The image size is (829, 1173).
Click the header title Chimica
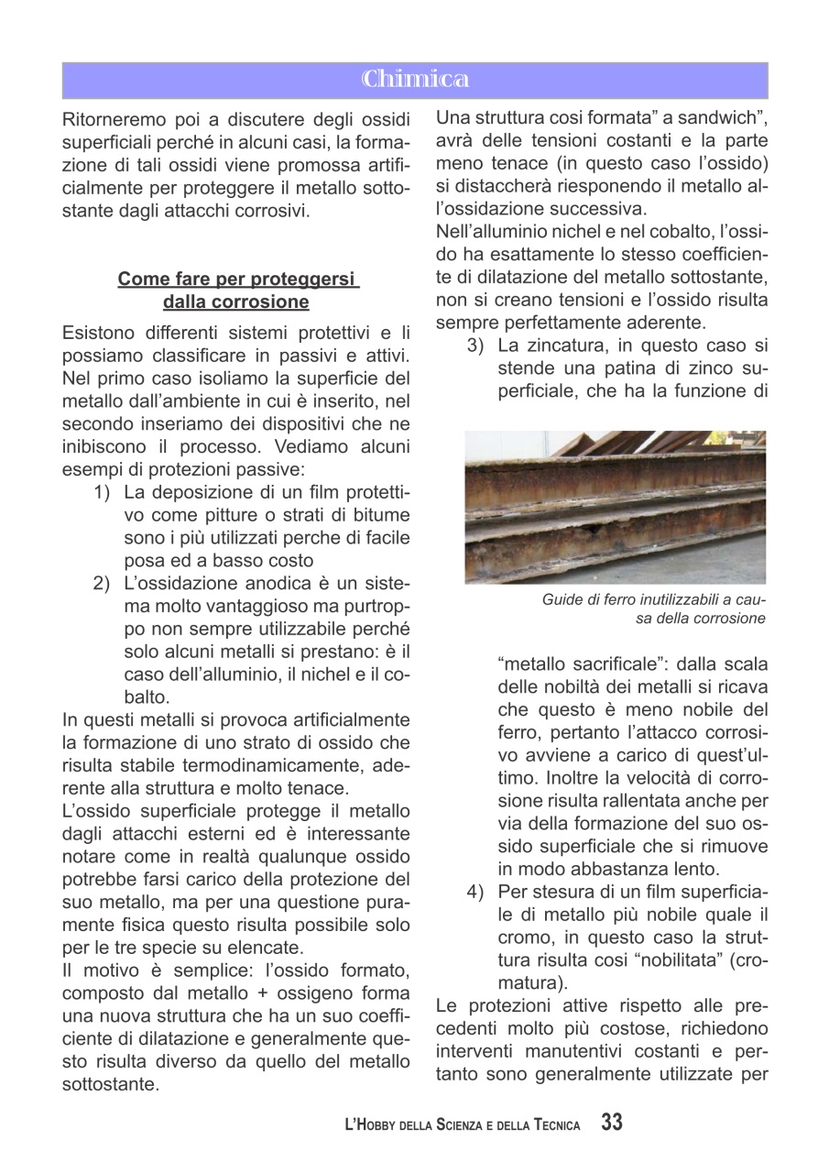[414, 80]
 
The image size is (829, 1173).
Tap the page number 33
[612, 1123]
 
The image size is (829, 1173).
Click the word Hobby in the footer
[379, 1125]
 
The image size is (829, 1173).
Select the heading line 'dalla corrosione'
[236, 301]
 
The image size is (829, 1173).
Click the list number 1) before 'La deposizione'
[103, 491]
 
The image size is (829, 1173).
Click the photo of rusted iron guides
[615, 507]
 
